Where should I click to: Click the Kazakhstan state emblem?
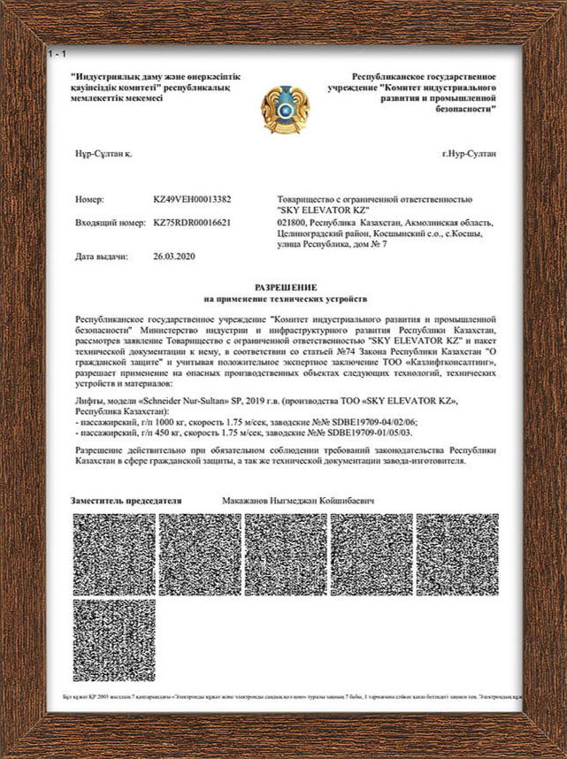click(x=284, y=103)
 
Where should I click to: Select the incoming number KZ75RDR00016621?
click(x=192, y=222)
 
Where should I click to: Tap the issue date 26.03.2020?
click(x=174, y=257)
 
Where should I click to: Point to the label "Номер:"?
click(x=90, y=200)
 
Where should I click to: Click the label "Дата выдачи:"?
click(x=102, y=257)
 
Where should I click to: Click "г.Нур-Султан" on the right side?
click(x=469, y=154)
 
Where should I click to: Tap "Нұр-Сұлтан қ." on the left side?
click(x=103, y=154)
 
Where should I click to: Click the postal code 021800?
click(x=291, y=223)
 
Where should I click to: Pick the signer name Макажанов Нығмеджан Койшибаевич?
click(x=297, y=501)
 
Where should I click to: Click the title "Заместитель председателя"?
click(x=126, y=501)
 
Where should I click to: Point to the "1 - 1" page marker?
click(x=57, y=55)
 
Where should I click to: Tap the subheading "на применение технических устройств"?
click(x=284, y=299)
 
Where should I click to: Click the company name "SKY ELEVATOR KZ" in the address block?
click(x=317, y=211)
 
